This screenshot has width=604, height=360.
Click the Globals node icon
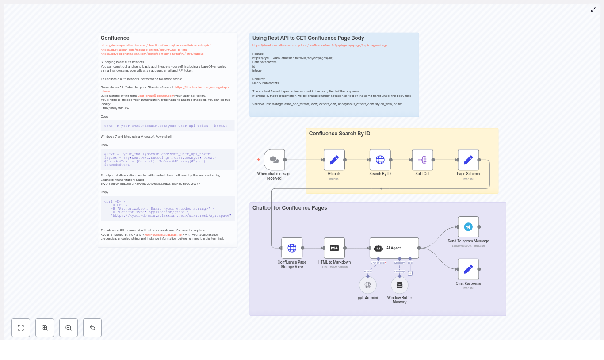pos(334,160)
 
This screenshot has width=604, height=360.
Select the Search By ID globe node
pos(380,160)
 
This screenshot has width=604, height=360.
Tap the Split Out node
pos(422,160)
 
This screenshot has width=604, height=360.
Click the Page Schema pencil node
pos(468,160)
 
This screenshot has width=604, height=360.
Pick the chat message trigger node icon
pos(274,160)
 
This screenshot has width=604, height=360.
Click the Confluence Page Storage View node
pos(292,248)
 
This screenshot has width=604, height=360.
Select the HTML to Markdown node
pos(334,248)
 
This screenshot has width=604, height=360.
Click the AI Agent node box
pos(394,248)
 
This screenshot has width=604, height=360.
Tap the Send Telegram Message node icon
pos(468,227)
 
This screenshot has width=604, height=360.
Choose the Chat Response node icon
pos(468,269)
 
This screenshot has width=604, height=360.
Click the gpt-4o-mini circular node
pos(368,285)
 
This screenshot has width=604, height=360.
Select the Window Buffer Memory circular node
pos(399,285)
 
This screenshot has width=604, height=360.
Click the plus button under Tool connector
pos(410,273)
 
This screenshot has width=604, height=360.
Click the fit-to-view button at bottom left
pos(21,328)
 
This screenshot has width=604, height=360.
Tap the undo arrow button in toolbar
pos(92,328)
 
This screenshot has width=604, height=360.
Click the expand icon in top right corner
pos(594,9)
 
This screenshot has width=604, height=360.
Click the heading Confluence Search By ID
pos(339,134)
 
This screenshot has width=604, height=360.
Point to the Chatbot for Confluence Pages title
pos(290,208)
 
